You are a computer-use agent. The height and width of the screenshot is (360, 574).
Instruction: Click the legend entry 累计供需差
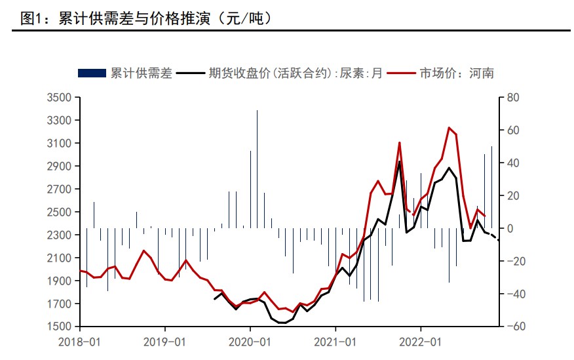coord(141,73)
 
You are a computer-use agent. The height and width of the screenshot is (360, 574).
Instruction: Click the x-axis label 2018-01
coord(80,342)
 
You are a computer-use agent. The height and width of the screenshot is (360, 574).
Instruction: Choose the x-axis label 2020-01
coord(250,342)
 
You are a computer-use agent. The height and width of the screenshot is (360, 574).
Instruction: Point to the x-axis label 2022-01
coord(420,342)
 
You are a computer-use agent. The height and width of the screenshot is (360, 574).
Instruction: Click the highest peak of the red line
coord(449,128)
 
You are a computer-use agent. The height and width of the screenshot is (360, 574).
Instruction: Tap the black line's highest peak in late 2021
coord(400,162)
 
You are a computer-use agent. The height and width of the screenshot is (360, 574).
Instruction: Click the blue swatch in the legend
coord(91,73)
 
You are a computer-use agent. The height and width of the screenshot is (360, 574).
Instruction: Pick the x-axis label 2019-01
coord(164,342)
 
